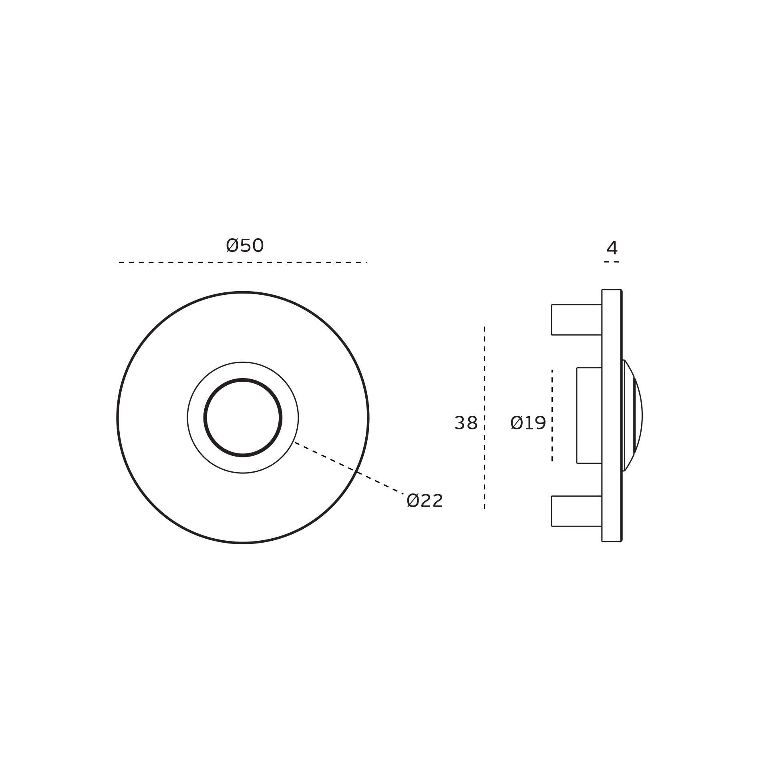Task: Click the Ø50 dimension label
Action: pos(245,246)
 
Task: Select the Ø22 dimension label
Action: pos(425,501)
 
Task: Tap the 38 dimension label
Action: pos(466,423)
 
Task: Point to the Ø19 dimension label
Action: pos(528,423)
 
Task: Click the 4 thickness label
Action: pos(612,248)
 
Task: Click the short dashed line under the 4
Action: pos(612,262)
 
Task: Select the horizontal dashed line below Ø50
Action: pos(243,262)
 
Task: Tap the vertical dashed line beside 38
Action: pos(484,417)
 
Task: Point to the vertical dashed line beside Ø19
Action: pos(552,415)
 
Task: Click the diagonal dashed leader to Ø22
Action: pos(349,468)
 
